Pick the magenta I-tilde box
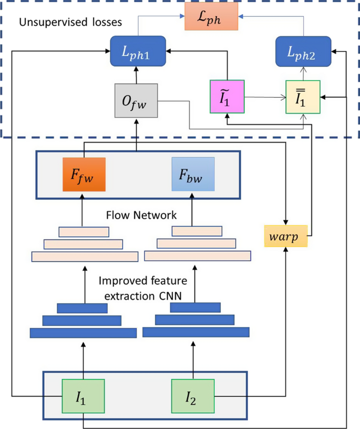[x=227, y=97]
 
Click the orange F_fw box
[x=84, y=174]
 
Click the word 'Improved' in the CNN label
[x=119, y=281]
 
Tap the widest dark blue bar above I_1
[x=84, y=333]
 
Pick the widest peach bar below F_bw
[x=197, y=256]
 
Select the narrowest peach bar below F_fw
[x=84, y=232]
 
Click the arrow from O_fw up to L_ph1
[x=137, y=75]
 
